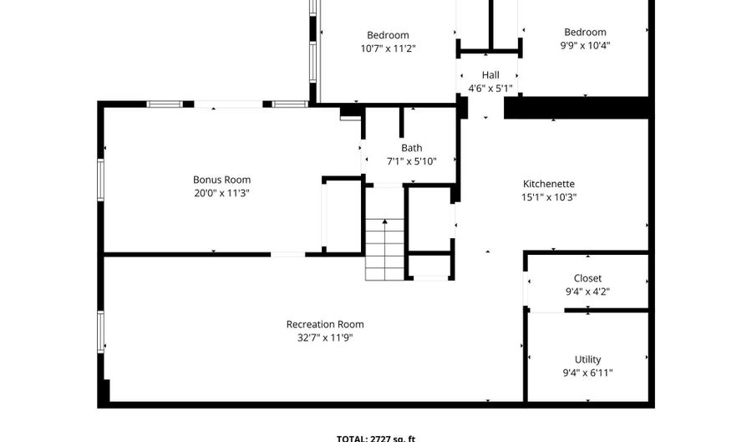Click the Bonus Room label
point(221,180)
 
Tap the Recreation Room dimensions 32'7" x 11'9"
point(325,338)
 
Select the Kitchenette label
point(549,184)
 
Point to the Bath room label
point(411,148)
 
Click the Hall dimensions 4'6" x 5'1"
point(490,89)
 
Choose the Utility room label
point(587,359)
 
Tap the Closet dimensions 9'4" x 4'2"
point(587,292)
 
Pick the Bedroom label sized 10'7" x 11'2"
point(388,35)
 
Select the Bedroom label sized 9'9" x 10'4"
point(585,33)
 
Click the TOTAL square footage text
point(375,438)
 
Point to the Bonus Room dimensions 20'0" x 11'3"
point(221,193)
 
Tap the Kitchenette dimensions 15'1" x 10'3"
point(549,198)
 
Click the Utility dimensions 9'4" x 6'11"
point(587,373)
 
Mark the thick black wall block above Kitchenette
point(577,108)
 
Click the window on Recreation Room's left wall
point(101,332)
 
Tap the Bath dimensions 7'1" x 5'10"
point(411,161)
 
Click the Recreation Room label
point(325,324)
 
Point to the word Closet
point(587,278)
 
